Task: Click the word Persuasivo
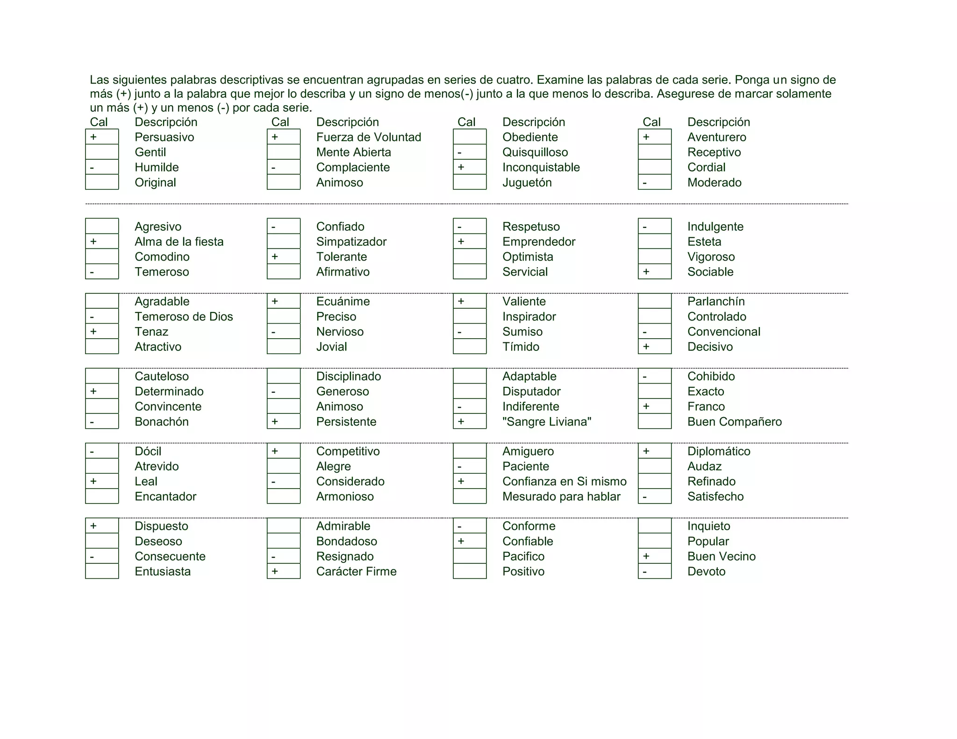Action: (x=164, y=137)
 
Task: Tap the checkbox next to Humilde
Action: (x=102, y=167)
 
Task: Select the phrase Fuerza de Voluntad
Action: (x=368, y=137)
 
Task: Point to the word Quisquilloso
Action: (x=535, y=152)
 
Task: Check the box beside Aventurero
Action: (x=654, y=137)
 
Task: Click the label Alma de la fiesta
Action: (x=179, y=242)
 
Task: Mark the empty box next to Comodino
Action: (x=102, y=256)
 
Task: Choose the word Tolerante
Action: (x=341, y=256)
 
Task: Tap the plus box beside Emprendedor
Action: (x=470, y=242)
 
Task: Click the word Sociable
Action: (x=710, y=271)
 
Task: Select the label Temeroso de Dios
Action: (x=184, y=316)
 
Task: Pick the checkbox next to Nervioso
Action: (x=283, y=332)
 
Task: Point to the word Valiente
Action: (x=524, y=301)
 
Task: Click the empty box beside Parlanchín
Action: (x=654, y=301)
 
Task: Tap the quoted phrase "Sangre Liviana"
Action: (x=546, y=421)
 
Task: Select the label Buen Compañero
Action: (x=734, y=421)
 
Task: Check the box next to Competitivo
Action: (x=283, y=451)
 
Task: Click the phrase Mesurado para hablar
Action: (x=561, y=496)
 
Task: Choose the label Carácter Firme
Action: (x=356, y=571)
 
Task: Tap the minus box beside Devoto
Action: (x=654, y=571)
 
